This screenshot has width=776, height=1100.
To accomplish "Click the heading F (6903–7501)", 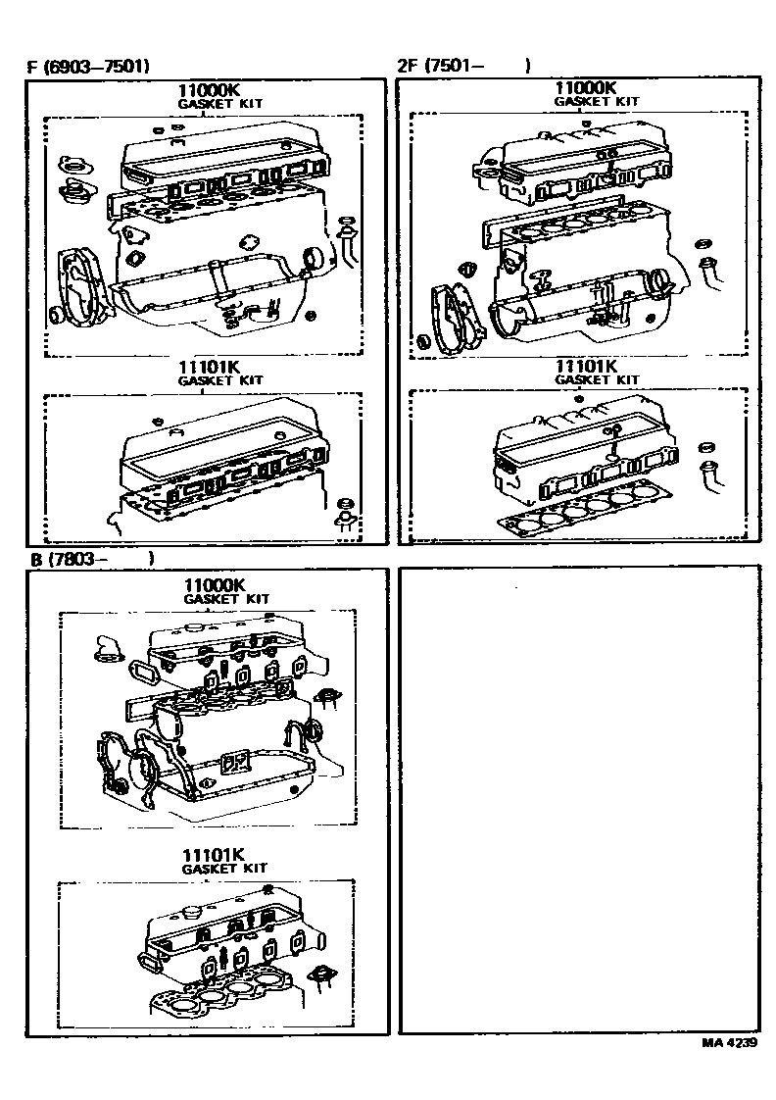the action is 87,67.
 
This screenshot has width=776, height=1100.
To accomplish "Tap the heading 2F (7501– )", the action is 463,66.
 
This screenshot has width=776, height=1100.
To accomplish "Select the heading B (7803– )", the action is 90,559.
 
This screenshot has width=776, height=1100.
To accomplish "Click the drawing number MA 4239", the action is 729,1042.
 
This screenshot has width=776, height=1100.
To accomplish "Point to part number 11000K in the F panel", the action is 208,90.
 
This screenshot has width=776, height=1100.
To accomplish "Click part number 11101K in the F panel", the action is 209,367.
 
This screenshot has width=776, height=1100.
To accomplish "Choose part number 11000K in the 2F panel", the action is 585,87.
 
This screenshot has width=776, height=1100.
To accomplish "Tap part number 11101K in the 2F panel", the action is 586,367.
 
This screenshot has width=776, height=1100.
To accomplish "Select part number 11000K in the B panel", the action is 215,585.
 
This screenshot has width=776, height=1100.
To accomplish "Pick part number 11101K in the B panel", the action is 213,855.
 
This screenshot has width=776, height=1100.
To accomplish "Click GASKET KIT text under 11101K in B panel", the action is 224,869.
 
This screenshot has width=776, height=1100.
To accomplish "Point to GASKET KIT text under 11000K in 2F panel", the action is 597,101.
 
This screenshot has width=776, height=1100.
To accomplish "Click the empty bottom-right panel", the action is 580,800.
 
